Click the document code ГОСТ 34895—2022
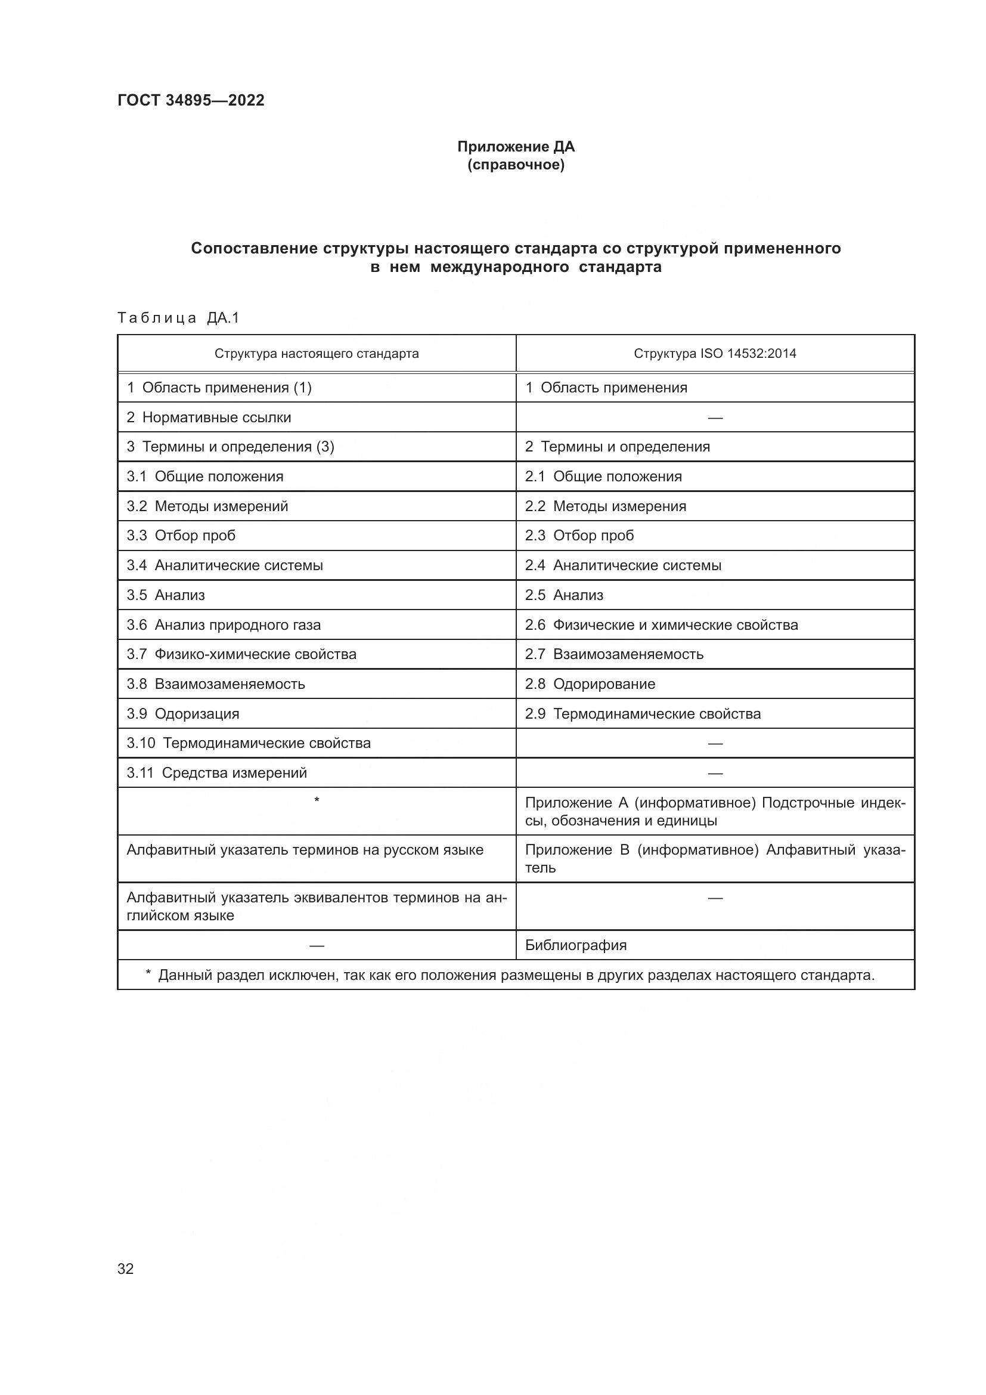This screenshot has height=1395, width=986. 191,100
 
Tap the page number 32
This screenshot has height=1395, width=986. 126,1269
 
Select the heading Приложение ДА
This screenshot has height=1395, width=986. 516,147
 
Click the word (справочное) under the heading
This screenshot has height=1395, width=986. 516,165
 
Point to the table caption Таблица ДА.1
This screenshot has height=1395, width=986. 178,318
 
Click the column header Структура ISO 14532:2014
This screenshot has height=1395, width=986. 715,354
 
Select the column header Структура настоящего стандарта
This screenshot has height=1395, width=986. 317,354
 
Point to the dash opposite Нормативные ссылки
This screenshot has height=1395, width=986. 715,418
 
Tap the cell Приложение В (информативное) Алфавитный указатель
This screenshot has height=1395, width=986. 715,858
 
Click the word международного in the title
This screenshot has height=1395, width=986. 500,267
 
